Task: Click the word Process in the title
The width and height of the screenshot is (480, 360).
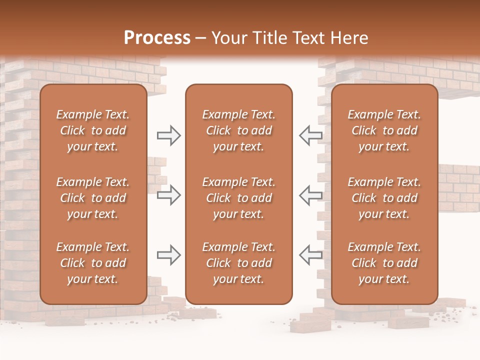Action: [157, 38]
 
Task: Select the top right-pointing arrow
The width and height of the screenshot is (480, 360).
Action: [168, 135]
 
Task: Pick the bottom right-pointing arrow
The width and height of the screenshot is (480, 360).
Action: [168, 255]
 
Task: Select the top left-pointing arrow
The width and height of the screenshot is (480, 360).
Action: [311, 135]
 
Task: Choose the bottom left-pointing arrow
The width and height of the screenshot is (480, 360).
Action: [311, 255]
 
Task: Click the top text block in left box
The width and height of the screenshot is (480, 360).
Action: [93, 130]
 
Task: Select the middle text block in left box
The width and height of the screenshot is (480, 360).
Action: [93, 198]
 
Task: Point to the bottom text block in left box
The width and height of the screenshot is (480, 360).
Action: [93, 263]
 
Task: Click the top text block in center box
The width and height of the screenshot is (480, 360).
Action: [238, 130]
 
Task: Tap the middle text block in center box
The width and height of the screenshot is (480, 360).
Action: [238, 198]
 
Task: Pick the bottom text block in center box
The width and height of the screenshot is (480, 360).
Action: [238, 263]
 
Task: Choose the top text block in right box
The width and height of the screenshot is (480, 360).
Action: [384, 130]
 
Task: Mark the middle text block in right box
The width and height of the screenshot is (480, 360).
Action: [384, 198]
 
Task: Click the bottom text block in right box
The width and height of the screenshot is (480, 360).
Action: [384, 263]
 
